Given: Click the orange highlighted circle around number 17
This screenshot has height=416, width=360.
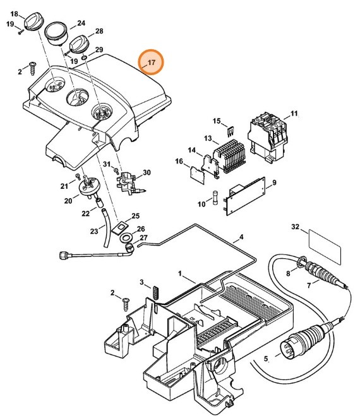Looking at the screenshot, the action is point(151,62).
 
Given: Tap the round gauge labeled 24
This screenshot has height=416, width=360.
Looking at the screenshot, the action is point(57,33).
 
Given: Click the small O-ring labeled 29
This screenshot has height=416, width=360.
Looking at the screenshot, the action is point(83,57).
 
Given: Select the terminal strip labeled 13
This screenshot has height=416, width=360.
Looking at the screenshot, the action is point(231,156).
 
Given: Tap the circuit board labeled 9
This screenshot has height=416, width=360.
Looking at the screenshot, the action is point(245,196).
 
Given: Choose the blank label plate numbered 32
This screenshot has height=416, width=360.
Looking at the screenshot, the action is point(325,247).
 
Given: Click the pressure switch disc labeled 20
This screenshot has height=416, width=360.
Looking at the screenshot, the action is point(88,187).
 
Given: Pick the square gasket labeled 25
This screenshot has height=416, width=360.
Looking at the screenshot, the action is point(120,227).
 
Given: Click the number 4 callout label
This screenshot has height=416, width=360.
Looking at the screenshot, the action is point(241,236).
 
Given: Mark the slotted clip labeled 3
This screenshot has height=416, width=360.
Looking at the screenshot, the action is point(156,293).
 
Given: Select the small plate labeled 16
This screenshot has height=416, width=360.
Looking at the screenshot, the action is point(198,175).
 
